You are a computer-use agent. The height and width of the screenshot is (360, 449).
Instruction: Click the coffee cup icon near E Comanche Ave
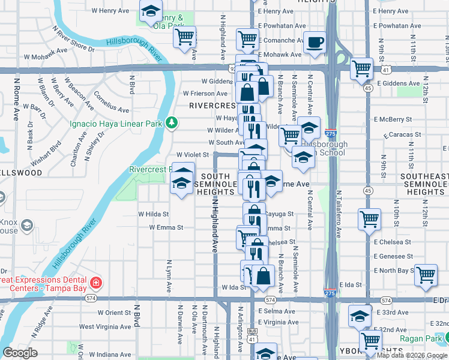pyautogui.click(x=314, y=44)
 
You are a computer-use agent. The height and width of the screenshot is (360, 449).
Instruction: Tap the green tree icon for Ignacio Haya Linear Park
pyautogui.click(x=172, y=123)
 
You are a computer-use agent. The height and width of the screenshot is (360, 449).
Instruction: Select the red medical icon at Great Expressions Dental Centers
pyautogui.click(x=95, y=282)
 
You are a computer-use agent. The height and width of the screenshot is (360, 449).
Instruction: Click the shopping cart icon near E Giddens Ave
pyautogui.click(x=362, y=70)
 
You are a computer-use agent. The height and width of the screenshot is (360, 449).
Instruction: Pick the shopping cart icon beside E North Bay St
pyautogui.click(x=426, y=275)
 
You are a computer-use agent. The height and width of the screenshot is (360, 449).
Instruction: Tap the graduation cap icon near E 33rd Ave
pyautogui.click(x=360, y=316)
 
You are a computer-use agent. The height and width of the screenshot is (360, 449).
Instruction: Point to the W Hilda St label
pyautogui.click(x=154, y=214)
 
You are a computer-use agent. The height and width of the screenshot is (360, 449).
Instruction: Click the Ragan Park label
pyautogui.click(x=428, y=339)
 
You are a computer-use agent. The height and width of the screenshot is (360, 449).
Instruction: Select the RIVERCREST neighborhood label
pyautogui.click(x=210, y=105)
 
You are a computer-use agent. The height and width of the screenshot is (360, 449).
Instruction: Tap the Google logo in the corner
pyautogui.click(x=20, y=353)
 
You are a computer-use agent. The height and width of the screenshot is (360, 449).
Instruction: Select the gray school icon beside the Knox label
pyautogui.click(x=26, y=225)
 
